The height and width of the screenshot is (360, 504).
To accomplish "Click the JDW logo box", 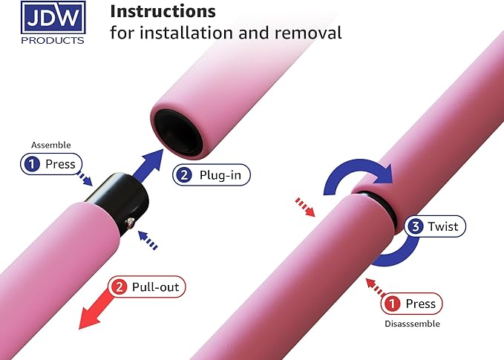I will click(53, 17).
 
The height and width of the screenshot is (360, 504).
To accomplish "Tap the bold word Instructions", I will click(163, 11).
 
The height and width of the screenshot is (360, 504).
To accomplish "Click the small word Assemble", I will click(49, 145).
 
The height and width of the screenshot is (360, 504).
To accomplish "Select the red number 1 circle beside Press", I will click(391, 304).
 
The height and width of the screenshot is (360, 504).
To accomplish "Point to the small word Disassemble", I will click(412, 324).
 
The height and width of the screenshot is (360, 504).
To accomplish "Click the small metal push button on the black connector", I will click(131, 222).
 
